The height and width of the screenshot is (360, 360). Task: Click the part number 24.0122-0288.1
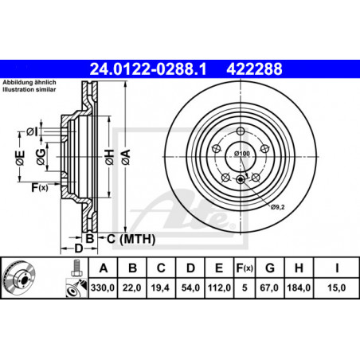pos(148,69)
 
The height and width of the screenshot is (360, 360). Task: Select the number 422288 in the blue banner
pos(254,69)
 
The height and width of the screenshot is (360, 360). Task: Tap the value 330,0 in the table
pos(103,288)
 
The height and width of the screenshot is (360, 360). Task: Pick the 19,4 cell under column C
pos(160,288)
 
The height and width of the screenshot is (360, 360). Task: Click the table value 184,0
pos(299,288)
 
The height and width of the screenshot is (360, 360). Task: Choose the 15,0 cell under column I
pos(336,288)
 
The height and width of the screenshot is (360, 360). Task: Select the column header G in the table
pos(270,268)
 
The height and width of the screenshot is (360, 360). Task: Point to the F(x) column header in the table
pos(245,268)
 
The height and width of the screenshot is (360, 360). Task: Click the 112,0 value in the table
pos(219,288)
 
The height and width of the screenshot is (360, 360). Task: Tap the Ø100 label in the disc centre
pos(242,154)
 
